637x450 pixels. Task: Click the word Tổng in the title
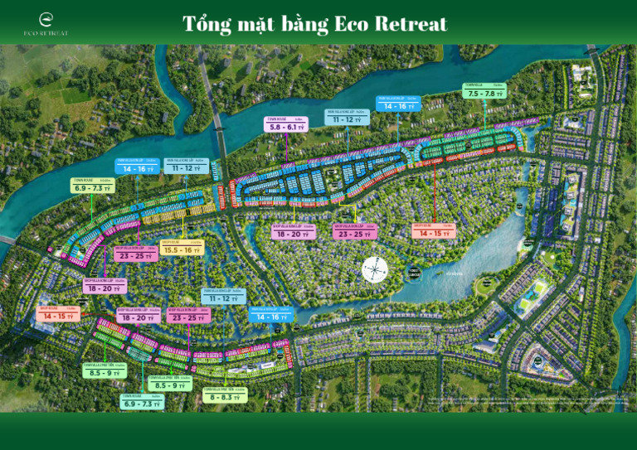pyautogui.click(x=207, y=24)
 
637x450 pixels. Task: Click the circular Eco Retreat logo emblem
pyautogui.click(x=46, y=18)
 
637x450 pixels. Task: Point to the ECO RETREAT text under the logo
pyautogui.click(x=46, y=33)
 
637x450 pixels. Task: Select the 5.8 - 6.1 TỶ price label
pyautogui.click(x=287, y=128)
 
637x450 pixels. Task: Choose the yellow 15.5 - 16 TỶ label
pyautogui.click(x=181, y=249)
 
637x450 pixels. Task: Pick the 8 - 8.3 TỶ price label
pyautogui.click(x=224, y=397)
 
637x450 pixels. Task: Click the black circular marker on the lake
pyautogui.click(x=414, y=273)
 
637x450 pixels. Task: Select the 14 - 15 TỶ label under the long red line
pyautogui.click(x=434, y=233)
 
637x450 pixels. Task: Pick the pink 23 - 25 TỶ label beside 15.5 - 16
pyautogui.click(x=136, y=255)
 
